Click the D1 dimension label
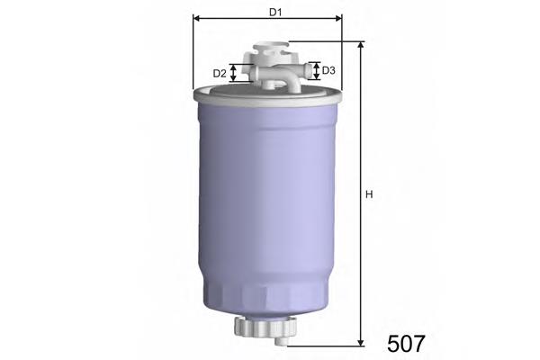click(275, 12)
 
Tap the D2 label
click(219, 73)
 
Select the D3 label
click(329, 70)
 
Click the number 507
click(406, 343)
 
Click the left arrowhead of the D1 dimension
click(197, 19)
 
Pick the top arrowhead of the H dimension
click(360, 45)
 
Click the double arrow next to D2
click(235, 73)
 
